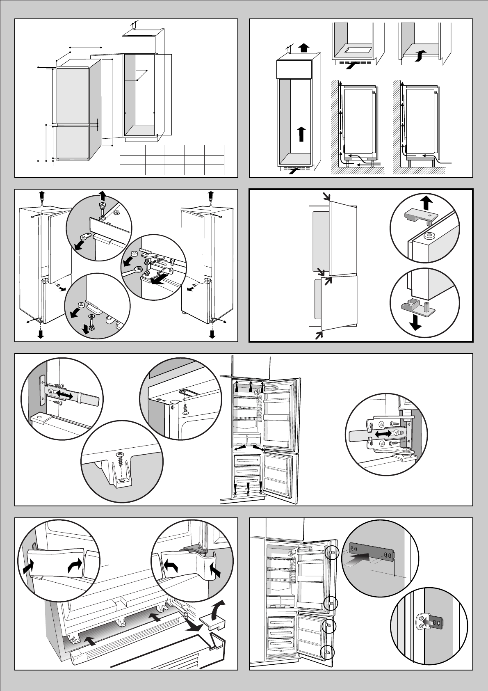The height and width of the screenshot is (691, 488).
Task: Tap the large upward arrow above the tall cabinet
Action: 303,48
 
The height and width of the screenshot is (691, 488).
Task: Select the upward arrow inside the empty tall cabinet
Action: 301,134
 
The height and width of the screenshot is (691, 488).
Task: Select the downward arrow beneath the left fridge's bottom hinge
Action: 41,333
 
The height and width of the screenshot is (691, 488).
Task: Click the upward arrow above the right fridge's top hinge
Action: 211,194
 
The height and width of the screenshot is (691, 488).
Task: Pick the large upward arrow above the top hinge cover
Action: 426,202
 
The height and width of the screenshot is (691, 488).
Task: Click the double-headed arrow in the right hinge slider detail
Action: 381,433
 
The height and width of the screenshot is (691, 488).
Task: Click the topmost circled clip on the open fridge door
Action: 331,553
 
